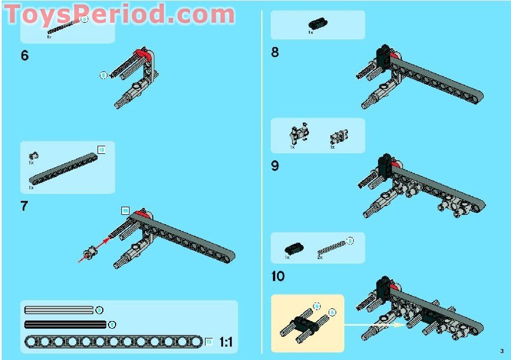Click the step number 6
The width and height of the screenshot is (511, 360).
pos(24,56)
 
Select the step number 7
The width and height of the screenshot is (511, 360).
pos(24,206)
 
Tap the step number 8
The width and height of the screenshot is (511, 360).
pos(275,52)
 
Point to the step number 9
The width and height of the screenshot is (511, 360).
pos(275,166)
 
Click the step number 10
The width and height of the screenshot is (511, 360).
pos(278,276)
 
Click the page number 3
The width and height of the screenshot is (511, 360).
pos(501,350)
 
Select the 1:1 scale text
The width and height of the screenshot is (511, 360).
pos(226,343)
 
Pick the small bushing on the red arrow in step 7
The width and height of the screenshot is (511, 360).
pos(90,253)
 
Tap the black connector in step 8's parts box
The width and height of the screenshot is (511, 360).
pos(317,24)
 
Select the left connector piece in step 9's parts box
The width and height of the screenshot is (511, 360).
pos(298,135)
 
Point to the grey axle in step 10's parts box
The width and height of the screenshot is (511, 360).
pos(332,248)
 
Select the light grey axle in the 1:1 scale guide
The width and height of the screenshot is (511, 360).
pos(59,310)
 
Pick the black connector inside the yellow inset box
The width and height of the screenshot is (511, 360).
pos(306,322)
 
